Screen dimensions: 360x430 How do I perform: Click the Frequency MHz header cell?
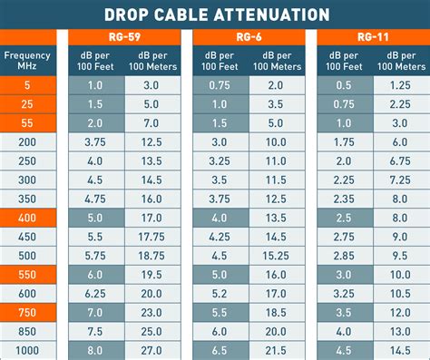point(27,62)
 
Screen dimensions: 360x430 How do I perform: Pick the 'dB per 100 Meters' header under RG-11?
point(401,62)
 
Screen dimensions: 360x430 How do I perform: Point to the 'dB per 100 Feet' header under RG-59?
point(94,62)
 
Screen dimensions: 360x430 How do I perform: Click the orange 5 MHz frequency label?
point(27,84)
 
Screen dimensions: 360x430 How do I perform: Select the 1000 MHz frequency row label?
point(27,350)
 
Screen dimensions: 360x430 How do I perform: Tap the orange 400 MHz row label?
point(27,218)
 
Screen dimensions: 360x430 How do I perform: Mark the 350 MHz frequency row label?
point(27,199)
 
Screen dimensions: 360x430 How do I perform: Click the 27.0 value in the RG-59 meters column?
point(152,350)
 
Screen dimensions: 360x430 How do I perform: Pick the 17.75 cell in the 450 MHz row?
point(152,237)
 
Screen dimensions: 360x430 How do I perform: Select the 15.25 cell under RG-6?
point(277,256)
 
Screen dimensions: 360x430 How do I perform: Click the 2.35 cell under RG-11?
point(343,199)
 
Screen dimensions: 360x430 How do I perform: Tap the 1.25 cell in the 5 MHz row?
point(401,84)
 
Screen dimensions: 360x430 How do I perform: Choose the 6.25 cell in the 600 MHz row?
point(94,293)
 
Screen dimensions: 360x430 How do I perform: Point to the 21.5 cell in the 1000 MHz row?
point(277,350)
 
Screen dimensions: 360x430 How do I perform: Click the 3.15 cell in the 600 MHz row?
point(343,293)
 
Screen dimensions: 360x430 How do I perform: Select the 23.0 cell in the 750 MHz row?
point(152,312)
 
